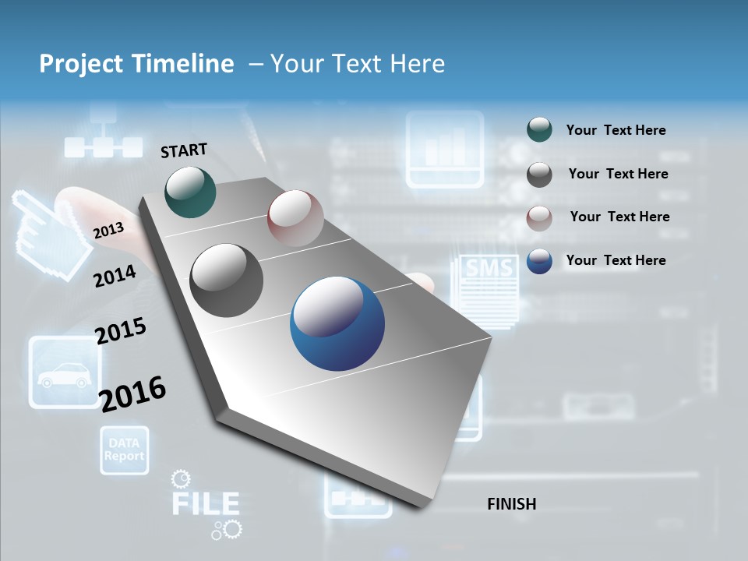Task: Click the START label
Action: point(184,150)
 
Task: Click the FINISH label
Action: point(512,504)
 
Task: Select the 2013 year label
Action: point(109,230)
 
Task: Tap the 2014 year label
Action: point(115,276)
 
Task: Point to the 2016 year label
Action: point(133,393)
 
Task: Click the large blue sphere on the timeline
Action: point(337,323)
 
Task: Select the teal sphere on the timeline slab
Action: point(191,192)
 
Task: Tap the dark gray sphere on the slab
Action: point(227,280)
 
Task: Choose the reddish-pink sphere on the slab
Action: point(295,218)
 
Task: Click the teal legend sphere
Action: point(539,130)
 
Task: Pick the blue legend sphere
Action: point(539,261)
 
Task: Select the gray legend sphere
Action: point(539,175)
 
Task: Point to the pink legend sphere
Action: point(539,217)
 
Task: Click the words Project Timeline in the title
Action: point(136,64)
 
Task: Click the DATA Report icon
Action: point(124,450)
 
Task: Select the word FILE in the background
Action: point(205,503)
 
